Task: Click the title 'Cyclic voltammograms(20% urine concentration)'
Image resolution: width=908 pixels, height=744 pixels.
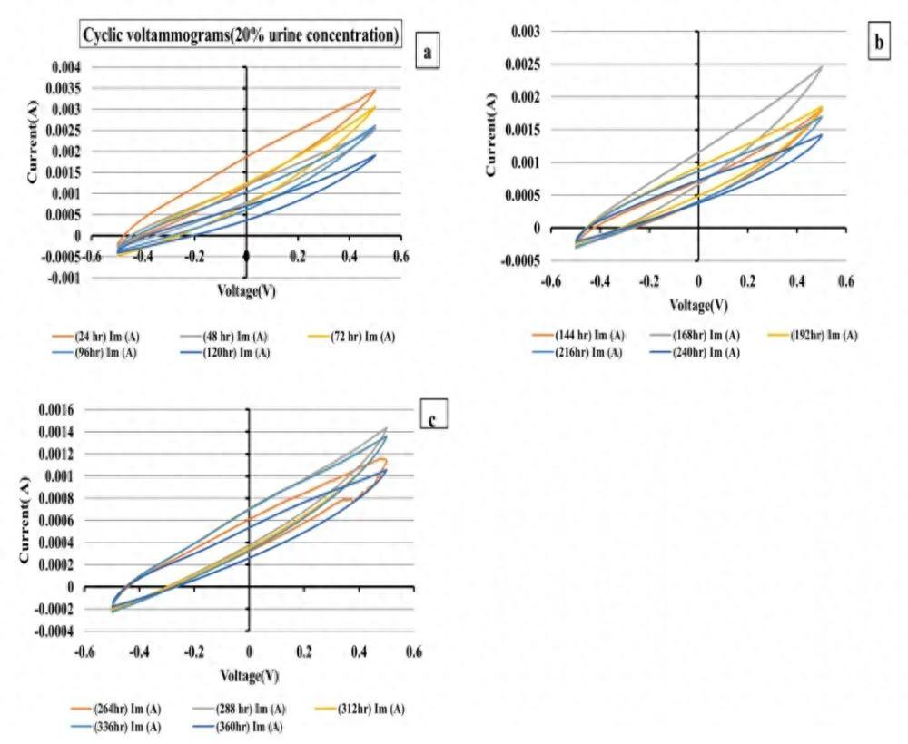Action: (240, 35)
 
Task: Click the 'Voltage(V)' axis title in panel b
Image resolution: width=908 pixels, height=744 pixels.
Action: (697, 304)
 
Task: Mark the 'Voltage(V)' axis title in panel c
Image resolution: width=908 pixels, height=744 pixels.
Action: (248, 676)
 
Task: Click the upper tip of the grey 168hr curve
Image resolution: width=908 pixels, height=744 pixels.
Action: (822, 65)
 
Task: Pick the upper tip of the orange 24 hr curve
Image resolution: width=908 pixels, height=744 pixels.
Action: (375, 89)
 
